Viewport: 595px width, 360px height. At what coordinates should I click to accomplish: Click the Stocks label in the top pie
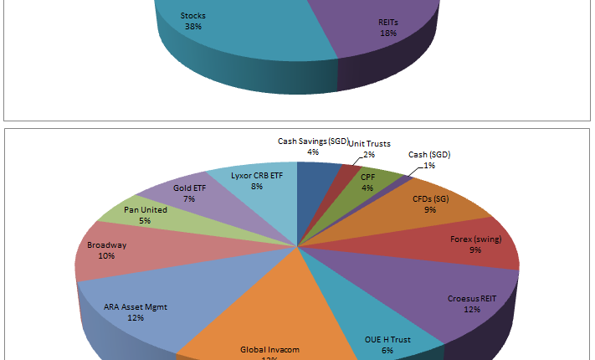click(x=193, y=16)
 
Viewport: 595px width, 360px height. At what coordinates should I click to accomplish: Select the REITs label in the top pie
click(x=388, y=22)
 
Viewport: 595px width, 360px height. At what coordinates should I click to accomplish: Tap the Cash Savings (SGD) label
click(x=312, y=141)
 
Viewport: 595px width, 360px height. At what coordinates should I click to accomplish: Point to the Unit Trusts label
click(x=369, y=144)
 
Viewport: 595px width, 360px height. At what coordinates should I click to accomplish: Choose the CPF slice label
click(x=367, y=177)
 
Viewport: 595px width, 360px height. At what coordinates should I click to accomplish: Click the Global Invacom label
click(x=269, y=349)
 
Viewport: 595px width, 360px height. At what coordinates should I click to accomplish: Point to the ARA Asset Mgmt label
click(x=136, y=307)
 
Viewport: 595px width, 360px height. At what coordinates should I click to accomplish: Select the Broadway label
click(x=107, y=245)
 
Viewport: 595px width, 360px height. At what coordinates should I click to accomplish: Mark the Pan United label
click(x=146, y=210)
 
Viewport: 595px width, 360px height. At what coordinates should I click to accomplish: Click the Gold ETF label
click(x=189, y=188)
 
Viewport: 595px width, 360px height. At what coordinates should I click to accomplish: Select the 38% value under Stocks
click(x=193, y=26)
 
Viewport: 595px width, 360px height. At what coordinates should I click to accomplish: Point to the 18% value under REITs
click(x=388, y=33)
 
